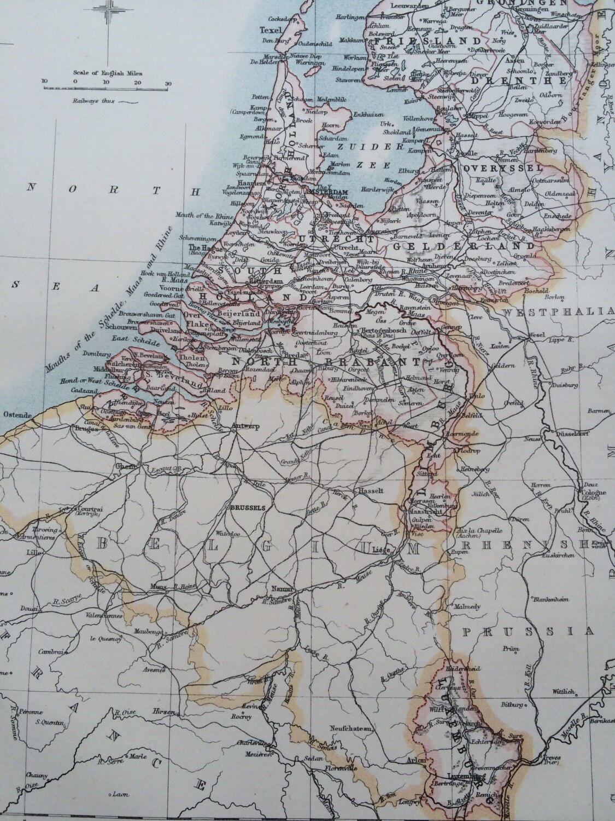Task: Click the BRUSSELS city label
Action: point(248,507)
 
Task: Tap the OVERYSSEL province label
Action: point(494,167)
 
